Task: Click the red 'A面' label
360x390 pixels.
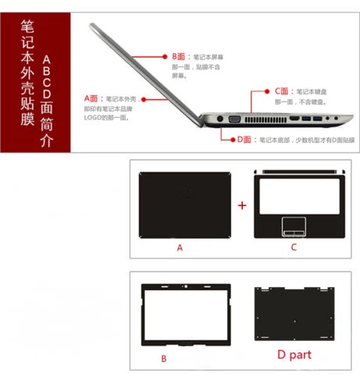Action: [x=93, y=99]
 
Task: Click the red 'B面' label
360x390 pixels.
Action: [x=180, y=57]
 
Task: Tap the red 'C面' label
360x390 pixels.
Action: [x=283, y=92]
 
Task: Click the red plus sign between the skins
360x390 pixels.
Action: [x=242, y=205]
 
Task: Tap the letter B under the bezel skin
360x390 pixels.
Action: [x=164, y=358]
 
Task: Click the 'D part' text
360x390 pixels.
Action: [x=293, y=357]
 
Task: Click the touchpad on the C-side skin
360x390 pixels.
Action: [x=294, y=228]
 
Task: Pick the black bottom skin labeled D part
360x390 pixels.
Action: [x=294, y=315]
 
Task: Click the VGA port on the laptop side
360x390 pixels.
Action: [x=233, y=120]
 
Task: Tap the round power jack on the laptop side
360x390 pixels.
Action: [x=218, y=119]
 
